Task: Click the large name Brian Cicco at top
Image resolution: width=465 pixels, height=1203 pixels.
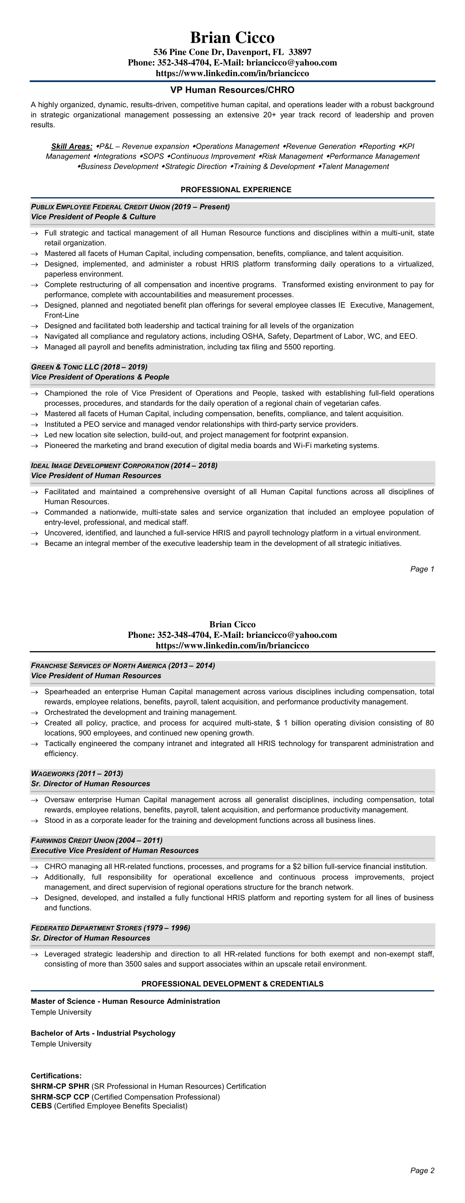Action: click(x=232, y=37)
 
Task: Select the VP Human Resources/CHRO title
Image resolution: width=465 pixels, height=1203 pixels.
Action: click(x=232, y=90)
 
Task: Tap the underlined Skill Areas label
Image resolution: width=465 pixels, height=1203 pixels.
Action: click(x=71, y=146)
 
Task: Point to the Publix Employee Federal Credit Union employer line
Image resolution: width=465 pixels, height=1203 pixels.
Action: click(x=130, y=206)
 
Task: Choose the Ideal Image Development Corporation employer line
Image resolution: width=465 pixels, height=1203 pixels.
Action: click(x=124, y=466)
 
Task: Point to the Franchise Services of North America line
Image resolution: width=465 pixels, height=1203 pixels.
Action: click(x=123, y=665)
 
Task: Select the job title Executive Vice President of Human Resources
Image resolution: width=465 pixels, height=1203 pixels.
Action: click(x=115, y=850)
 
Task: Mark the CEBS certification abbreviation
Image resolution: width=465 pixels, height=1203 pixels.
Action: click(x=41, y=1106)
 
